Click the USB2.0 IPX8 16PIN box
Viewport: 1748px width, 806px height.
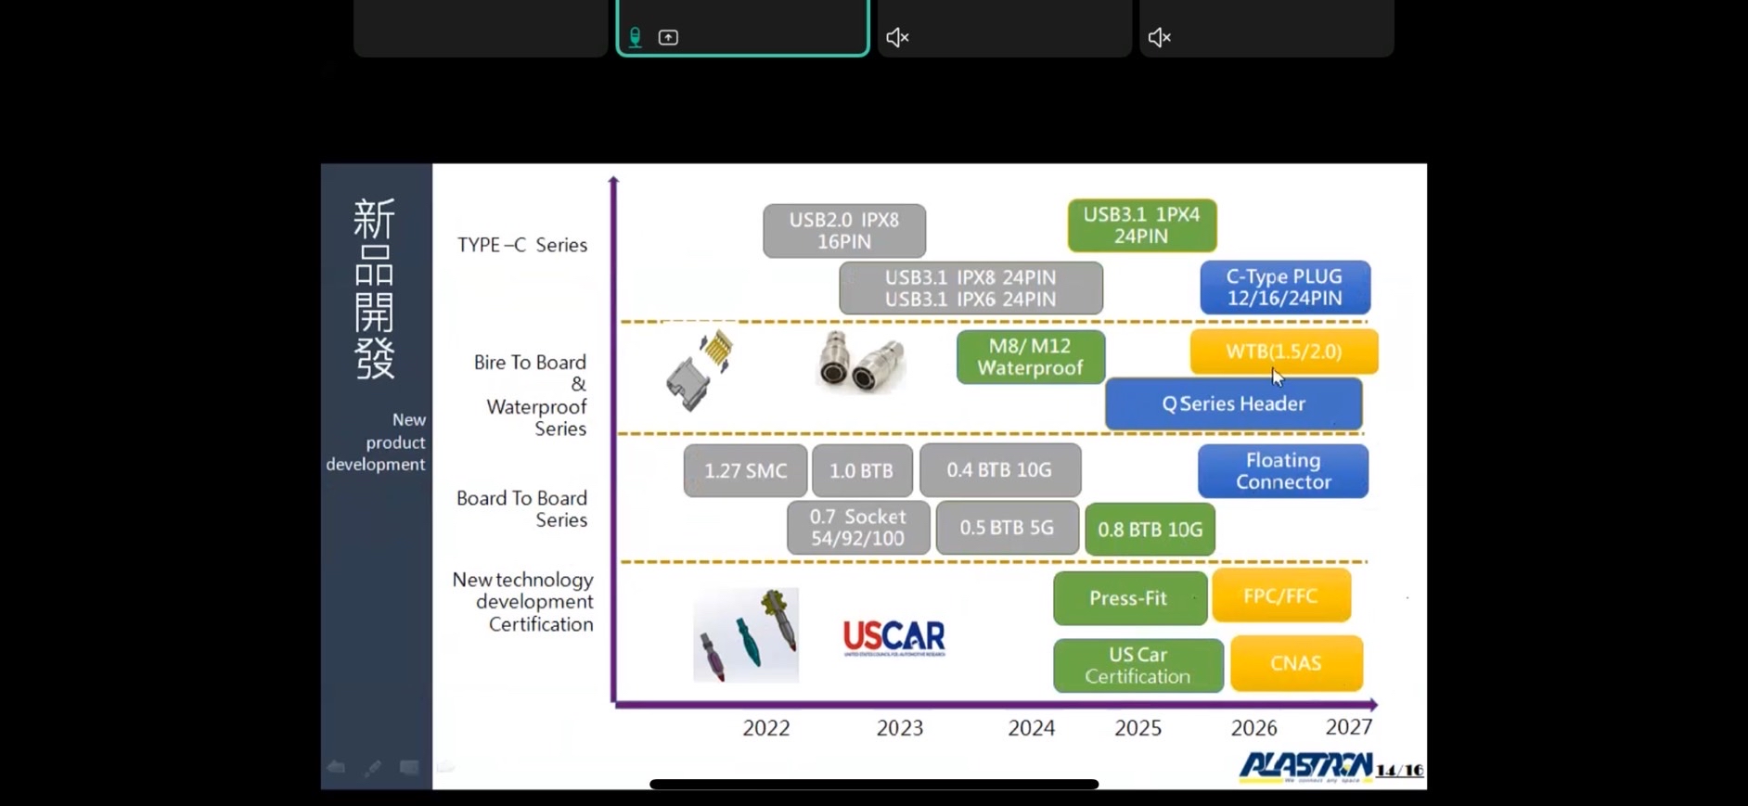point(844,231)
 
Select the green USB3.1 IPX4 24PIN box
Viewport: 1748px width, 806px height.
point(1142,225)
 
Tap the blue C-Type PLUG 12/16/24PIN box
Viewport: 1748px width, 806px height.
point(1285,288)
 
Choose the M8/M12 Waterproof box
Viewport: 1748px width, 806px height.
point(1031,357)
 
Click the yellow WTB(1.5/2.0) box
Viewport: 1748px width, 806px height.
point(1284,352)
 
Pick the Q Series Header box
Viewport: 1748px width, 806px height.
point(1233,404)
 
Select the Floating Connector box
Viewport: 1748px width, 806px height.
point(1283,471)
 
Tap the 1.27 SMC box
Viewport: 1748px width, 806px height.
point(745,471)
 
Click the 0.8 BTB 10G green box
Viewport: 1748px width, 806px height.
point(1150,530)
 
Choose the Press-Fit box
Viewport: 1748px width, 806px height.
point(1129,598)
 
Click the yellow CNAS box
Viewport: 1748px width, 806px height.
point(1296,664)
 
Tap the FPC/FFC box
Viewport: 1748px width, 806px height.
point(1280,596)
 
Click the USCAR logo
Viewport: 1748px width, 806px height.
point(894,638)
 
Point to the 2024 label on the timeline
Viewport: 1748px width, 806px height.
point(1032,728)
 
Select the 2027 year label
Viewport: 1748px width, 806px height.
point(1349,727)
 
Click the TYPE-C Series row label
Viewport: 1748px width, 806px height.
point(522,246)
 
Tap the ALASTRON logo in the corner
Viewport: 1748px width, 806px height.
point(1306,766)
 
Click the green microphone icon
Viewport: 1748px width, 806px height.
point(636,38)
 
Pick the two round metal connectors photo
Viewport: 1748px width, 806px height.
point(861,362)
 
